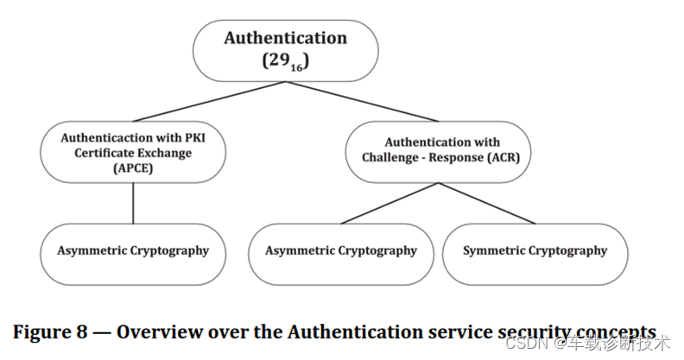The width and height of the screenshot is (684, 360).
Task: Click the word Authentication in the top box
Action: [286, 38]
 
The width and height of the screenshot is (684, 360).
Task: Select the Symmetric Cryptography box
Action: [535, 252]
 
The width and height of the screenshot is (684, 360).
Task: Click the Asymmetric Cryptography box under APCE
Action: [133, 252]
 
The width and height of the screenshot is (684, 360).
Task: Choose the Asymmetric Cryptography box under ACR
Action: [340, 252]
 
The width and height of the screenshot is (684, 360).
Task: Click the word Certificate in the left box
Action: [98, 153]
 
